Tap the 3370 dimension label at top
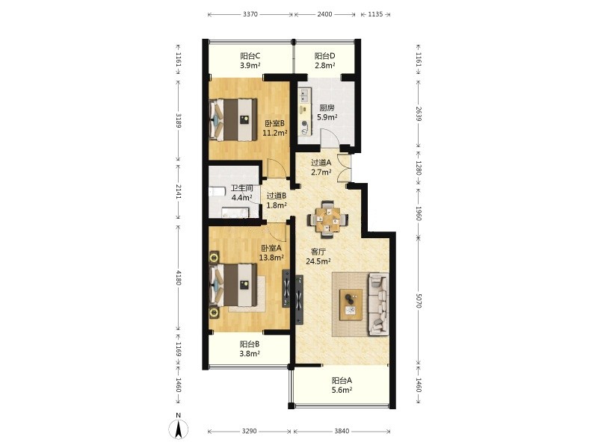[250, 14]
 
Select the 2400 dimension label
[324, 14]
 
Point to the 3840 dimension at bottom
[342, 432]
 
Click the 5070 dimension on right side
[419, 300]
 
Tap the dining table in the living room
[327, 220]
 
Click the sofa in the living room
[378, 304]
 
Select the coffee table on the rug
[351, 305]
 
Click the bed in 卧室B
[232, 119]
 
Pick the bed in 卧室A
[232, 285]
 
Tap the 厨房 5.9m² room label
[327, 113]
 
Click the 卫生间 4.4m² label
[242, 193]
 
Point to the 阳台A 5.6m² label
[342, 385]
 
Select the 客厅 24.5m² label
[318, 256]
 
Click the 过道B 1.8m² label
[277, 201]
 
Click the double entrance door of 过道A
[345, 167]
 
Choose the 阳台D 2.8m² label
[325, 60]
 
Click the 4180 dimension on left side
[178, 277]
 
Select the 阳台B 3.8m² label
[250, 349]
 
